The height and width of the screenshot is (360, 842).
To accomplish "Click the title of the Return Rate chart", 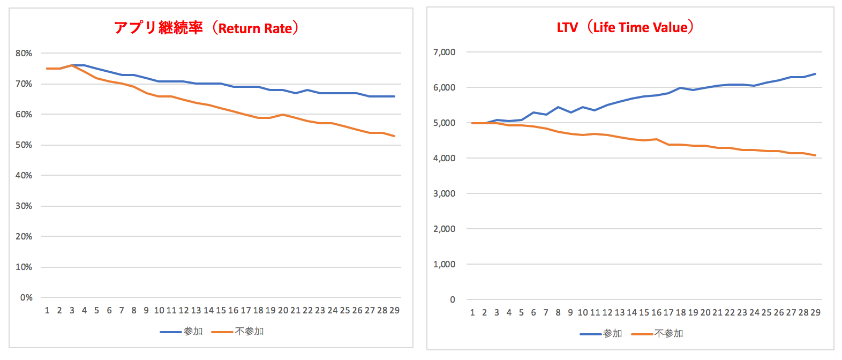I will (x=206, y=28).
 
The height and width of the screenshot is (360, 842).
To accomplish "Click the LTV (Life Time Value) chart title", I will (x=625, y=27).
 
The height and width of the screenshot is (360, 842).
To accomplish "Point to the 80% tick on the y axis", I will (x=24, y=53).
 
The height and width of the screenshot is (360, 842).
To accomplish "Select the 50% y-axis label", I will (x=24, y=145).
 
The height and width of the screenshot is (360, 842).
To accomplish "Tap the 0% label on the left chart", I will (x=26, y=297).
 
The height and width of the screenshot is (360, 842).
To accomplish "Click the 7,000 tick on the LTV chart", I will (x=444, y=52).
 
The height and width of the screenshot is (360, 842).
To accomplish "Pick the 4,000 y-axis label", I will (x=444, y=158).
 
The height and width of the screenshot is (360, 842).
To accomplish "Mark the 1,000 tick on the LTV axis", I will (x=444, y=264).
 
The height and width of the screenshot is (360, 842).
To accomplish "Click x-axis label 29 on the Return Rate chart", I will (x=394, y=310).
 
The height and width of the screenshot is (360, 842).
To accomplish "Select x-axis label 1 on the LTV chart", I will (x=472, y=312).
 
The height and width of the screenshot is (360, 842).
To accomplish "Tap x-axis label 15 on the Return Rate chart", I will (x=221, y=310).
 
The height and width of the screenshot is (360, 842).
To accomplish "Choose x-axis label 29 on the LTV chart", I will (x=815, y=312).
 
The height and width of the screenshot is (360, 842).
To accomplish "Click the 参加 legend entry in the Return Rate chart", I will (x=193, y=332).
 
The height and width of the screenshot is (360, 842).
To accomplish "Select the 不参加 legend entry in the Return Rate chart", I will (x=249, y=332).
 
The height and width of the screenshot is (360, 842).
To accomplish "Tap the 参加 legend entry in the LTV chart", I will (x=612, y=334).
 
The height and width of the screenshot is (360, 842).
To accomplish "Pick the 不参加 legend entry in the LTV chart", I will (x=668, y=334).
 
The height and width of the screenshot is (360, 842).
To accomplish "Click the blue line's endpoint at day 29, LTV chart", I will (x=815, y=74).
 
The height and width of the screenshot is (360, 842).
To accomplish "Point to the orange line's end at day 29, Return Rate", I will (x=394, y=136).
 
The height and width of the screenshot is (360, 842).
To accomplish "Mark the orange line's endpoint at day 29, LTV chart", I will (x=815, y=155).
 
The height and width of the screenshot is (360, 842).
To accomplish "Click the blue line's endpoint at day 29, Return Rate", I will (x=394, y=96).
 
